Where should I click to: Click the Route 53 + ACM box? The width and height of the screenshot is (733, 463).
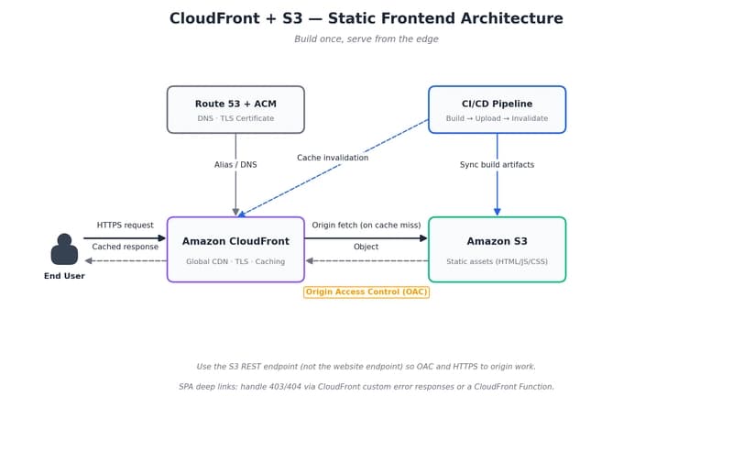point(235,109)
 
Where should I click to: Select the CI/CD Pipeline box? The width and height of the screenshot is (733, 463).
point(497,109)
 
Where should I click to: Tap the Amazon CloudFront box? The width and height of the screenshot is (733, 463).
point(235,248)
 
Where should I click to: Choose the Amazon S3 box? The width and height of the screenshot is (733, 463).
point(497,248)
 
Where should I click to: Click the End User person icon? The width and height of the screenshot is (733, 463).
point(64,249)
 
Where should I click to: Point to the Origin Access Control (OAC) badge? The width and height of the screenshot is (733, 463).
point(366,292)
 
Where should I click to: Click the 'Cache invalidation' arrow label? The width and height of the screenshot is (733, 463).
point(333,158)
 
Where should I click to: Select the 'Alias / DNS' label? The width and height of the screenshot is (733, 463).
point(235,165)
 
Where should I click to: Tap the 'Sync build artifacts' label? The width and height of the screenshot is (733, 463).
point(497,165)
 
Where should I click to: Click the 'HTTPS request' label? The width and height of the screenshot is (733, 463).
point(126,225)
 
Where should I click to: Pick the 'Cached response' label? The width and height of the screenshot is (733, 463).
point(126,247)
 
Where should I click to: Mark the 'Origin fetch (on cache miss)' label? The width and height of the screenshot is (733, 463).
point(366,225)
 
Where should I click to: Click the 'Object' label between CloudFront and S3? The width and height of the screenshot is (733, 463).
point(366,247)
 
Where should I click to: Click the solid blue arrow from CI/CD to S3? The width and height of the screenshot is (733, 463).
point(497,193)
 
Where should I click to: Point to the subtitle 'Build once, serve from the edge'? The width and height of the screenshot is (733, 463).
point(366,39)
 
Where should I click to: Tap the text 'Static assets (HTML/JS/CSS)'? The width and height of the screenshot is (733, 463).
point(497,261)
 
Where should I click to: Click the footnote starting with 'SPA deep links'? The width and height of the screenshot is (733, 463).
point(366,387)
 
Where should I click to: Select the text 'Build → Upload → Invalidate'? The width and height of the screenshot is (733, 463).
point(497,118)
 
